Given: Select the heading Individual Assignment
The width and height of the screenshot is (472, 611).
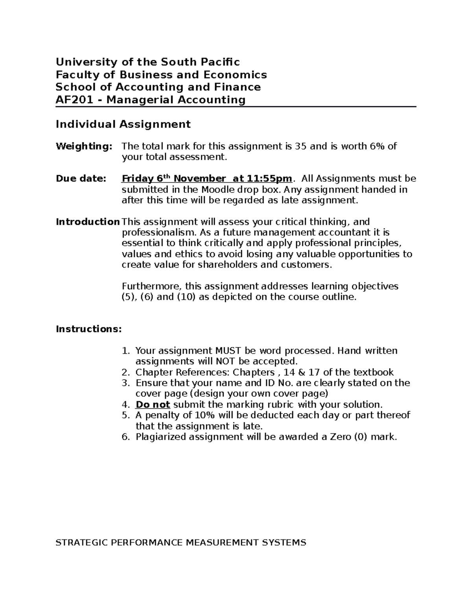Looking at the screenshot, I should tap(123, 124).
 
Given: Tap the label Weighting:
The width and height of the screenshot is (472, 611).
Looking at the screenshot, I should tap(84, 147).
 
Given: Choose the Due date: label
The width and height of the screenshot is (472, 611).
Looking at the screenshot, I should tap(81, 179).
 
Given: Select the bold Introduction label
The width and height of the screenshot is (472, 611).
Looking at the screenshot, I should tap(88, 222).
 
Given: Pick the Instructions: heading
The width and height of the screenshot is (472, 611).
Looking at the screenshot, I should tap(89, 329).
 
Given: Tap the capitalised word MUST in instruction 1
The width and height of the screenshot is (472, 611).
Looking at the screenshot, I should tap(228, 351).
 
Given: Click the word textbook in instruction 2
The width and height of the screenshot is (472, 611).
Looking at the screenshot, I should tap(373, 373).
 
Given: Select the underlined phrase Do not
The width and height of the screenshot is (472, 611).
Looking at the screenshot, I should tap(153, 405).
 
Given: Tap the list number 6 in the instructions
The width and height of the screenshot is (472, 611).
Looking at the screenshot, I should tap(125, 437).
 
